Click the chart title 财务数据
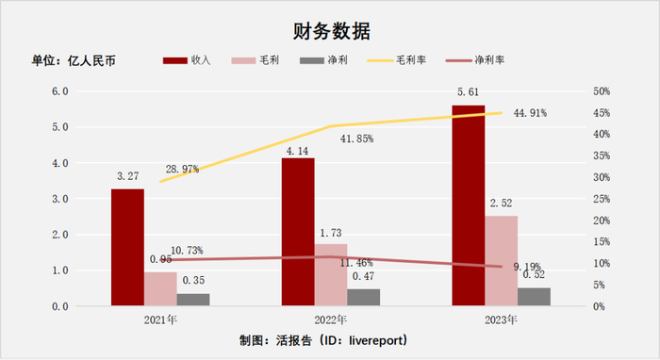pos(329,29)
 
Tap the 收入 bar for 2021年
pos(127,247)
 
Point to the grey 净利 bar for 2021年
pos(193,300)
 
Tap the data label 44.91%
pos(533,113)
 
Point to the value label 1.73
pos(331,233)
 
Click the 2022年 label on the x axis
pos(331,320)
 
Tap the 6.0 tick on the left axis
pos(59,91)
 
